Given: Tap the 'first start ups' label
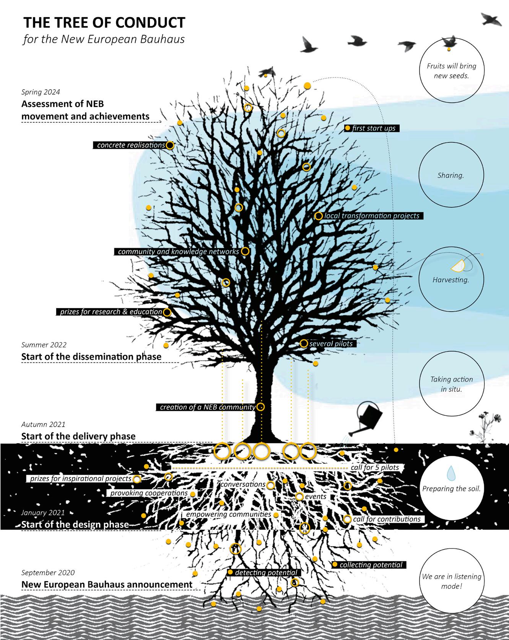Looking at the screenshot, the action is pyautogui.click(x=374, y=128).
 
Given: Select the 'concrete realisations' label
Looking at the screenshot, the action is pyautogui.click(x=131, y=145).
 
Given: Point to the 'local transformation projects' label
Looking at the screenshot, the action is pyautogui.click(x=372, y=216).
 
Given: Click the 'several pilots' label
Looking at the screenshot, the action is pyautogui.click(x=331, y=344).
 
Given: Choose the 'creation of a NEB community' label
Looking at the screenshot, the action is pyautogui.click(x=207, y=407).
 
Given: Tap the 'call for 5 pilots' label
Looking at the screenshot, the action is pyautogui.click(x=374, y=467).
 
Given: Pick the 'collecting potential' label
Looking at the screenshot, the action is pyautogui.click(x=371, y=565).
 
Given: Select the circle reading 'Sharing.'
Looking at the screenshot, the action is pyautogui.click(x=451, y=176).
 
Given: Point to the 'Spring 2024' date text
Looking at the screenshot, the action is pyautogui.click(x=41, y=92).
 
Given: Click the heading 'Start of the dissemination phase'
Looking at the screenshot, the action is pyautogui.click(x=91, y=357).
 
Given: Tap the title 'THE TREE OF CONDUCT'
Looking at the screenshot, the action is pyautogui.click(x=104, y=23).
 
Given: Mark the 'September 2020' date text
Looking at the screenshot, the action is pyautogui.click(x=48, y=572).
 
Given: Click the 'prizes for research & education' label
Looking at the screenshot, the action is pyautogui.click(x=111, y=312).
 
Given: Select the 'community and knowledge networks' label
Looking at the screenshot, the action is pyautogui.click(x=178, y=252).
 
